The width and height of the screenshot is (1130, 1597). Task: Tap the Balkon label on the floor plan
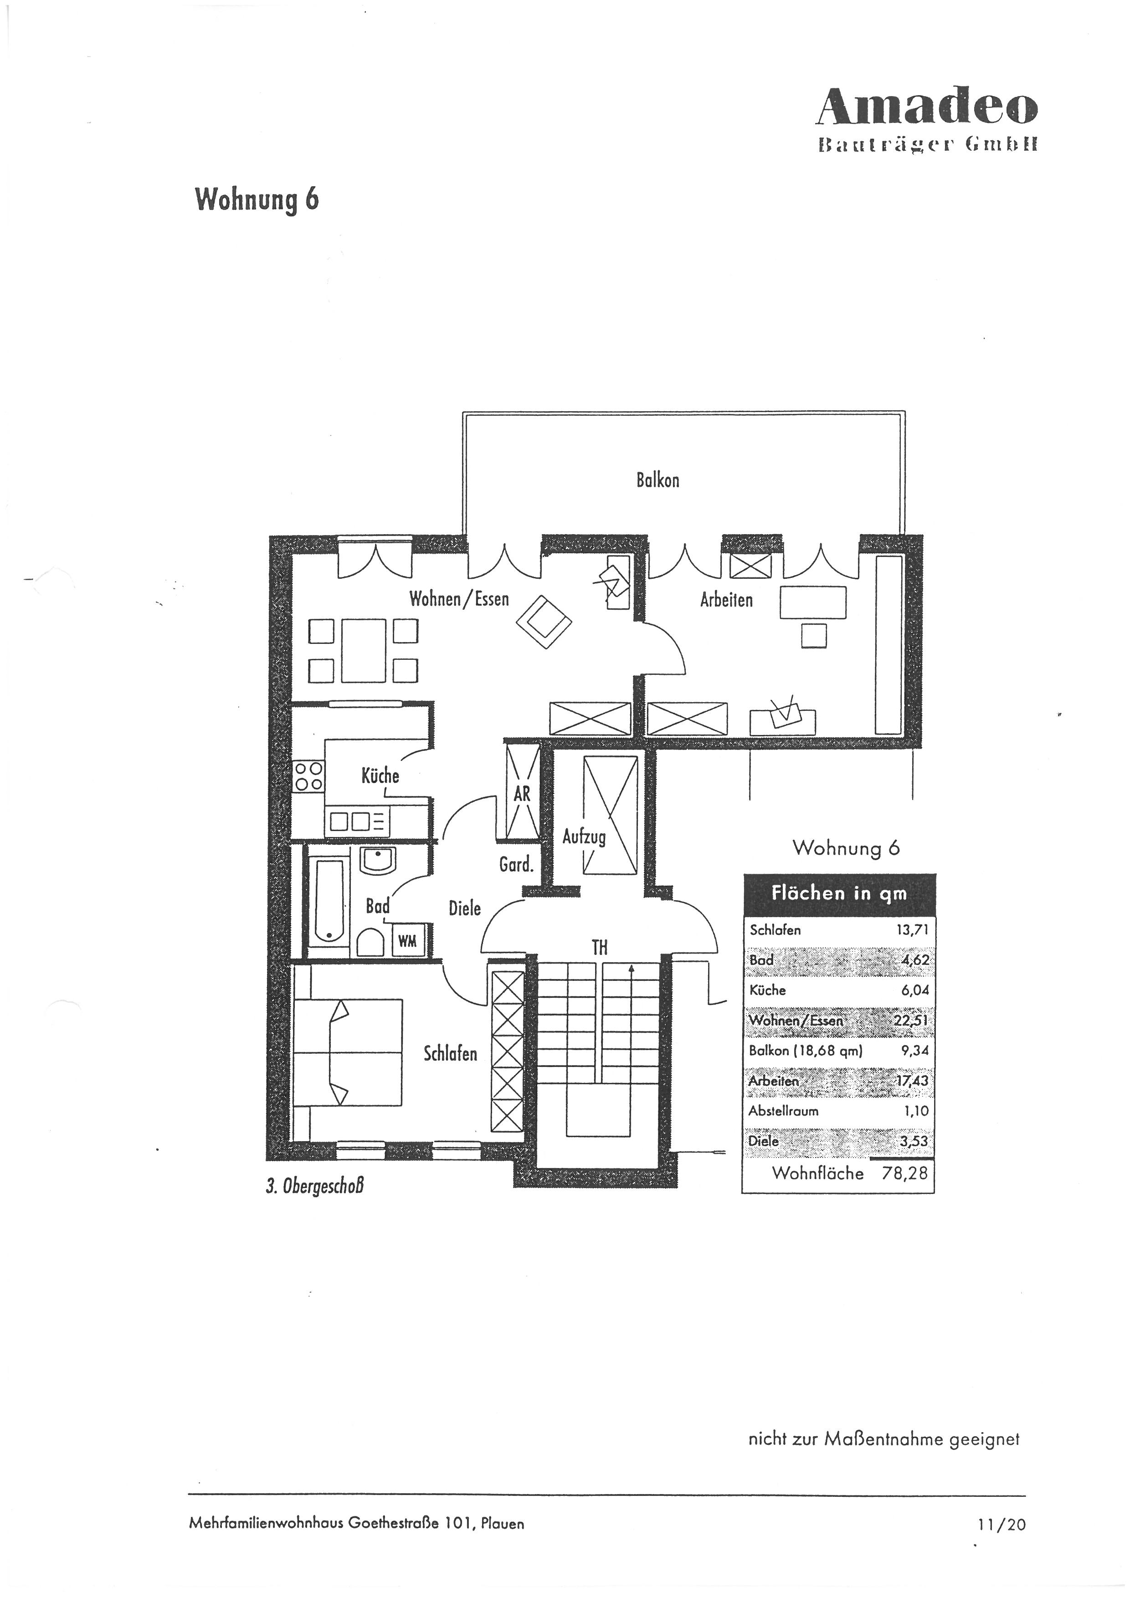coord(657,480)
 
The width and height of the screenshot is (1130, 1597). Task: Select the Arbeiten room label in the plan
coord(726,600)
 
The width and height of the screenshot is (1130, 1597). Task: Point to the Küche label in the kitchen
coord(380,775)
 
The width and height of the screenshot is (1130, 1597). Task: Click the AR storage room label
coord(522,794)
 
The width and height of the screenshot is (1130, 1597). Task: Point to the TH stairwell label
coord(599,947)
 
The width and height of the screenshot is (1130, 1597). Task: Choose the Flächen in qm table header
coord(839,894)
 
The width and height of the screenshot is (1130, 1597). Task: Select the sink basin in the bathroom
coord(378,860)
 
